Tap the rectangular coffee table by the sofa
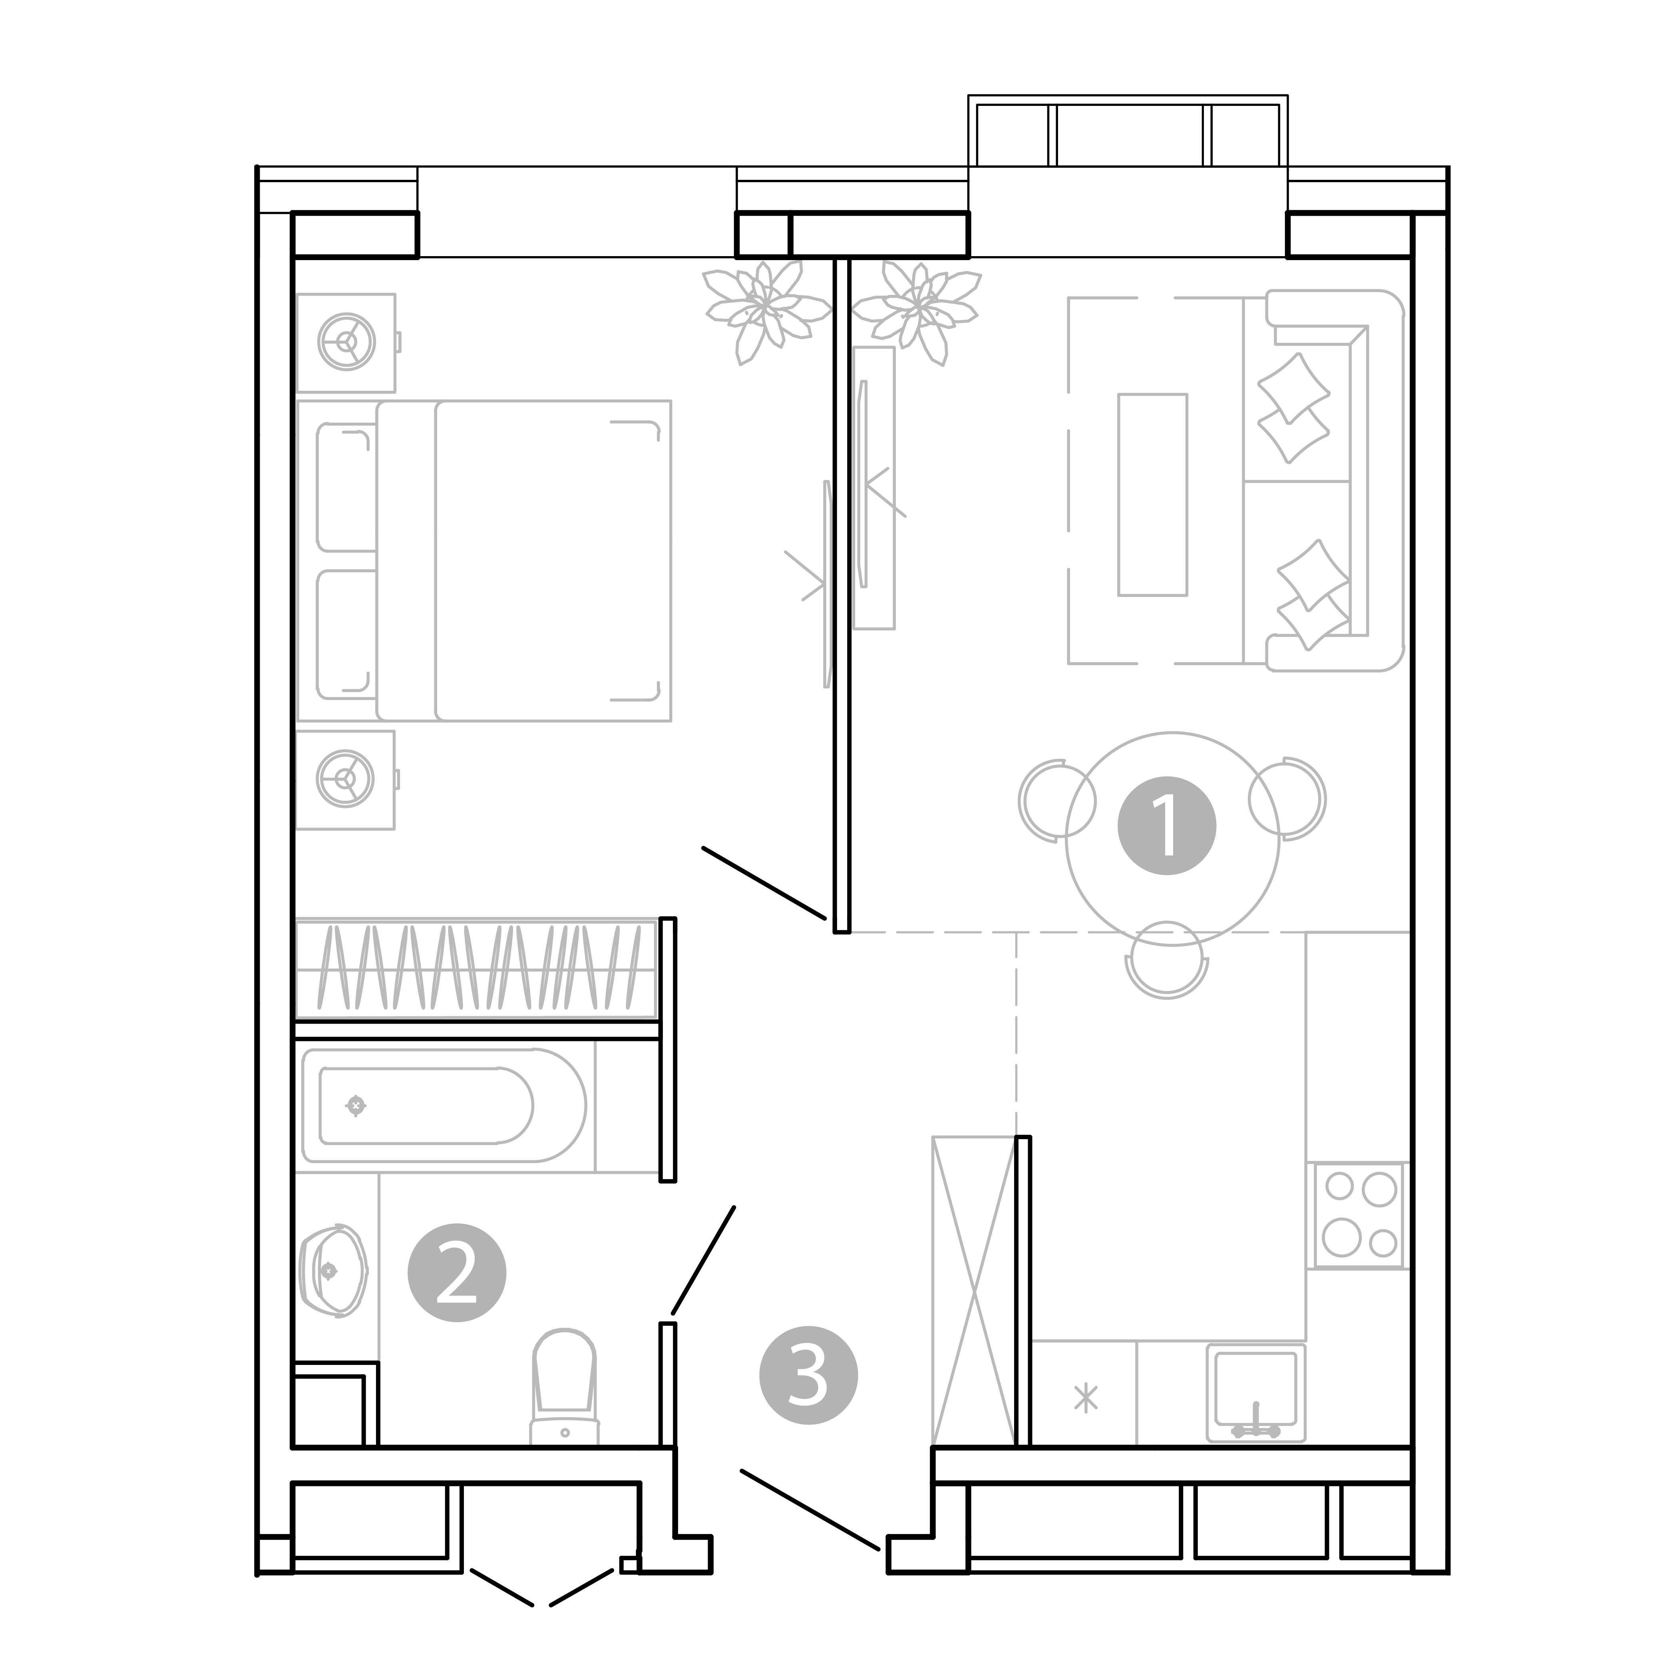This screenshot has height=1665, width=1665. click(x=1152, y=495)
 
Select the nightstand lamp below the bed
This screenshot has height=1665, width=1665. click(x=346, y=779)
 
